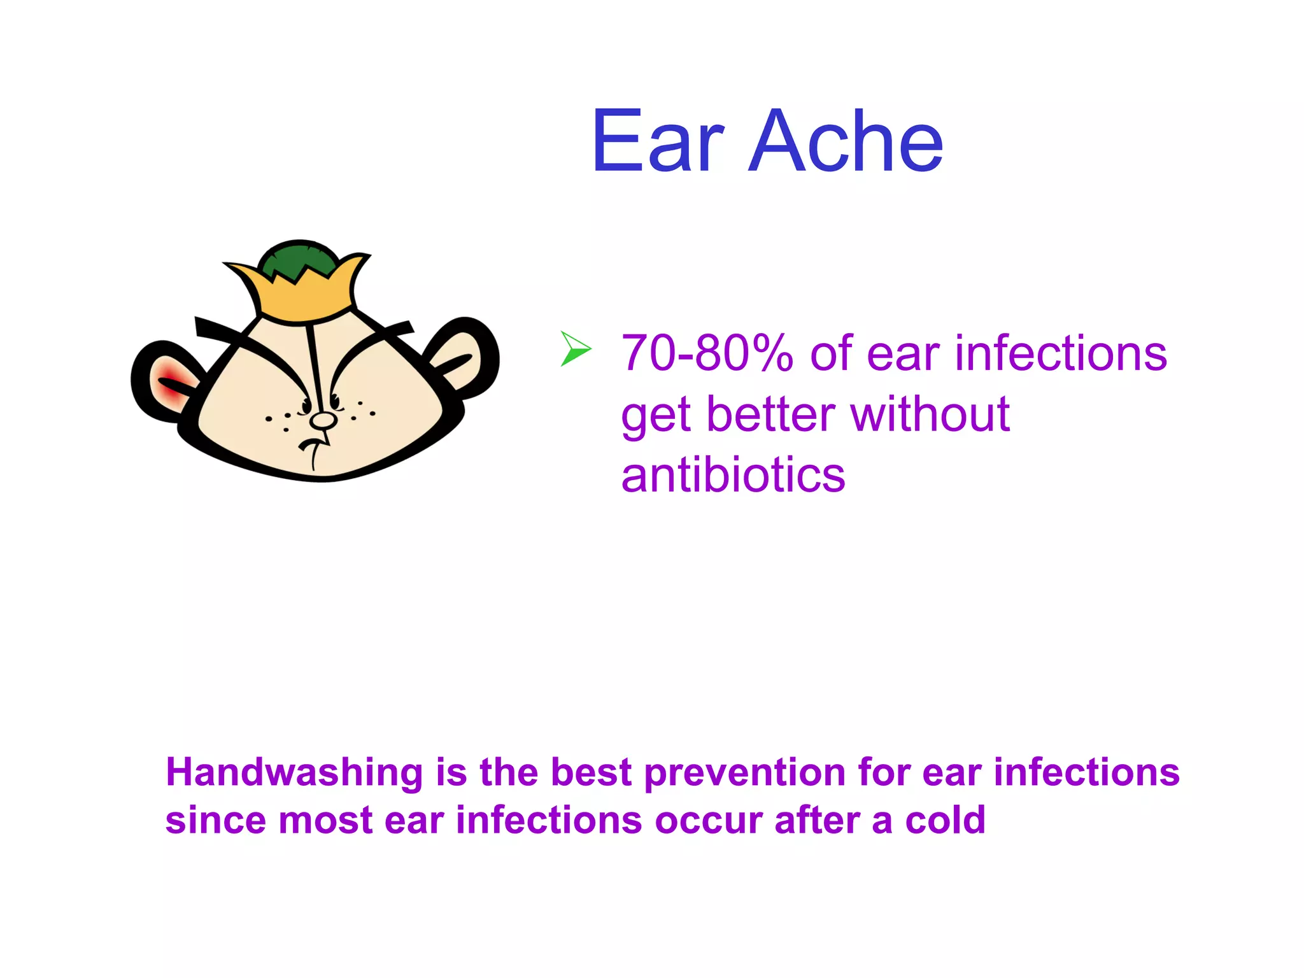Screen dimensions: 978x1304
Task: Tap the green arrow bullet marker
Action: tap(575, 349)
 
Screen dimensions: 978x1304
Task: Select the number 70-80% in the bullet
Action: tap(707, 353)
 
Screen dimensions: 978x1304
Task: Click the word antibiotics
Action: tap(733, 476)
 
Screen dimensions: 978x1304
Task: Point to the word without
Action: tap(930, 415)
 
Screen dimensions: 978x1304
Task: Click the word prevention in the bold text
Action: tap(745, 772)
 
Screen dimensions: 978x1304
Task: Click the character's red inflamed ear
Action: tap(171, 382)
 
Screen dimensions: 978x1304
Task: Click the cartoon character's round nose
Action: tap(323, 420)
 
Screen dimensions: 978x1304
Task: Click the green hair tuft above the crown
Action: tap(299, 258)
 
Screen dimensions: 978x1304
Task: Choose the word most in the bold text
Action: tap(325, 820)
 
